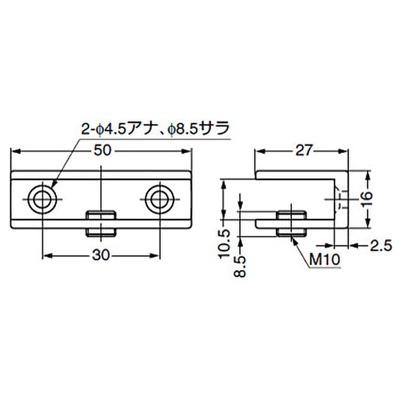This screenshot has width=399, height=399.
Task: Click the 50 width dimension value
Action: click(x=103, y=151)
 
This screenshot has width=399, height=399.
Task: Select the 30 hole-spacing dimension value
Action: click(x=101, y=255)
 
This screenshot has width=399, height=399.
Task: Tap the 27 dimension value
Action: click(x=303, y=151)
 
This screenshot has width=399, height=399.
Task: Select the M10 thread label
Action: click(x=325, y=260)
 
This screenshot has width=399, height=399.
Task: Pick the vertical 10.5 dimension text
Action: click(x=224, y=244)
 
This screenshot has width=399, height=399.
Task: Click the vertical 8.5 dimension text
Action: click(x=240, y=266)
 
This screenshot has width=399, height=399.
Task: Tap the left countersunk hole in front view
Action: click(x=42, y=199)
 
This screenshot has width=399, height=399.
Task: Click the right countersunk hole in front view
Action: click(x=160, y=199)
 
